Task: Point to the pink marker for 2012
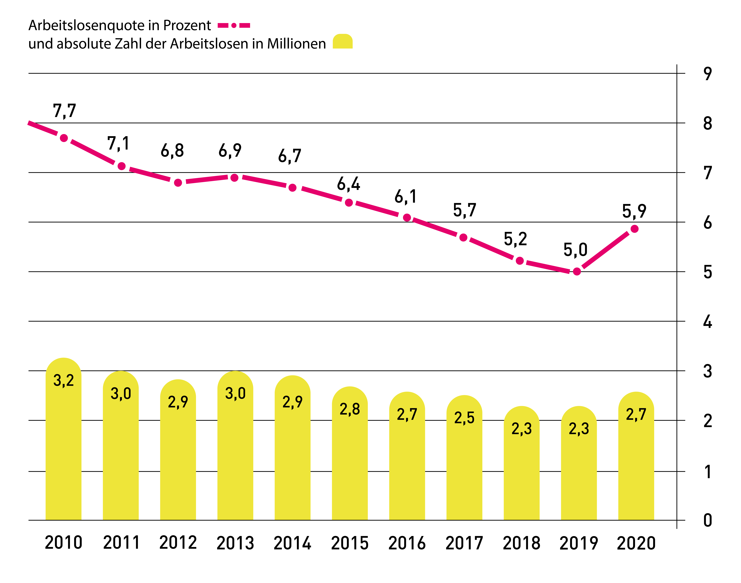tap(178, 183)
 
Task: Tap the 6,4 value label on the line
tap(348, 184)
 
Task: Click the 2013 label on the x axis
tap(235, 543)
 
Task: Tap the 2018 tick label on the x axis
tap(521, 543)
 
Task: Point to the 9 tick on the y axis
tap(708, 74)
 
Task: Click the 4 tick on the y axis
tap(708, 322)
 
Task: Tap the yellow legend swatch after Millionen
tap(343, 41)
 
